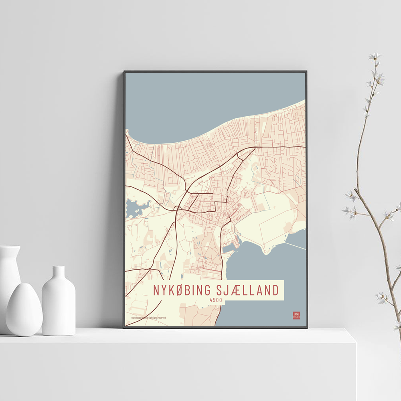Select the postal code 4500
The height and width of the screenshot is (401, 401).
pos(216,299)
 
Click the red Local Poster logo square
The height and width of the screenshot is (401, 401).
pos(296,315)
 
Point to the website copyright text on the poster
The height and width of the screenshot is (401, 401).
pos(148,318)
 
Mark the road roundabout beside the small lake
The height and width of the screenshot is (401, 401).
pos(176,208)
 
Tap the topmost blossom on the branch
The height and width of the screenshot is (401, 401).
pos(375,56)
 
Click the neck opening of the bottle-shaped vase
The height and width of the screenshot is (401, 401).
pos(59,267)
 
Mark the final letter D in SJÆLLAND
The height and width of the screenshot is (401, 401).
pos(275,290)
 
